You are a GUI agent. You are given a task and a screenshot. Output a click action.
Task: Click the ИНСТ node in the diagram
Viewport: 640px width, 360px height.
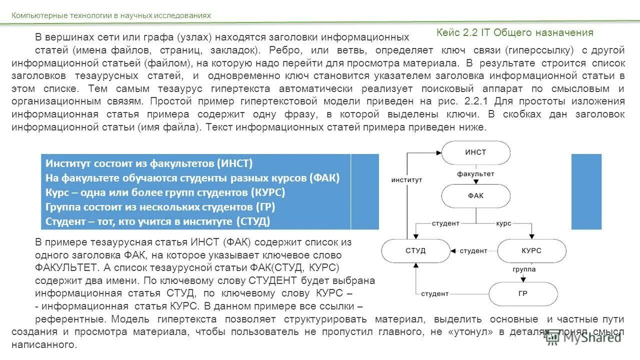(x=475, y=152)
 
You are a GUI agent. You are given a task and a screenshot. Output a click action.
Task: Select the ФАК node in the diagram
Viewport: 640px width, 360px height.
(x=475, y=196)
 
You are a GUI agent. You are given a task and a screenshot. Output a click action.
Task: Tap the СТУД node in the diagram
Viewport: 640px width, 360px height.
(x=415, y=250)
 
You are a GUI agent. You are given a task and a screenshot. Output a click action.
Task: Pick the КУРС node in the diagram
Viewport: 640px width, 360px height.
(x=531, y=250)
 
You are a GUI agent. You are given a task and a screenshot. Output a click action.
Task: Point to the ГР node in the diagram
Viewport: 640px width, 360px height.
(x=522, y=294)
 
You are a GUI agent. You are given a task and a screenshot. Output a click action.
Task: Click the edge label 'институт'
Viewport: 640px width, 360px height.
(x=406, y=179)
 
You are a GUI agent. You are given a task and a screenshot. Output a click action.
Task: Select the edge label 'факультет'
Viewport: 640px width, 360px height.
(x=475, y=174)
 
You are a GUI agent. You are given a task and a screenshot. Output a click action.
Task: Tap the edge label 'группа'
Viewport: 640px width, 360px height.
(x=524, y=269)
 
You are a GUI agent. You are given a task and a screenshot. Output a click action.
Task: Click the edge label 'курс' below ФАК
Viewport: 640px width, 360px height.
(x=503, y=223)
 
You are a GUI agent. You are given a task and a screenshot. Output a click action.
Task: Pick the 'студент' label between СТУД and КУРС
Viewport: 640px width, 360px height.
(x=473, y=250)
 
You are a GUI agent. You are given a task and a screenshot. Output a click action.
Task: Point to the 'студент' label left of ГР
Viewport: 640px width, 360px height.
(x=434, y=294)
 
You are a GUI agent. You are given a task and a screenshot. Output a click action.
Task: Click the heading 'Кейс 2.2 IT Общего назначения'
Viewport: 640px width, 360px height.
(x=514, y=33)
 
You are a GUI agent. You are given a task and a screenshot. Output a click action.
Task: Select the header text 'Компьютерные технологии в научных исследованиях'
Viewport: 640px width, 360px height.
(x=111, y=15)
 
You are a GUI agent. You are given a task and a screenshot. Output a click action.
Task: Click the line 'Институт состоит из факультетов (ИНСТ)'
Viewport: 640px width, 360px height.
(x=149, y=163)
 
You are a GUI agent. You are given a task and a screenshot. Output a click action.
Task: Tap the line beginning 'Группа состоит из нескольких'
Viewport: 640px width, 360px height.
(x=160, y=207)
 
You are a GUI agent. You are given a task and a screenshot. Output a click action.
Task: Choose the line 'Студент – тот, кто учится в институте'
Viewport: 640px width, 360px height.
(x=157, y=221)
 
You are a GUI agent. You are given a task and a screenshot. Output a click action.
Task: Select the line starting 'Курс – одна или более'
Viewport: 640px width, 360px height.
(x=165, y=192)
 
